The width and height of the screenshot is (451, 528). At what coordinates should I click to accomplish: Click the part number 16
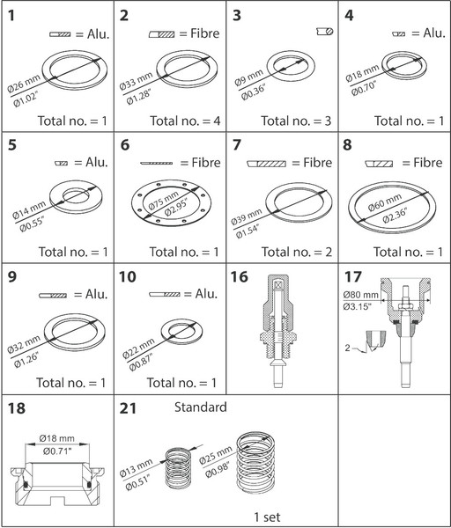(239, 277)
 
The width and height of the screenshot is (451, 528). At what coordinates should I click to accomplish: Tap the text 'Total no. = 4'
(185, 121)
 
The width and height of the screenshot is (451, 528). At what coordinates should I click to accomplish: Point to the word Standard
(200, 407)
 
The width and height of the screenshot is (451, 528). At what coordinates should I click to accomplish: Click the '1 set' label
(267, 517)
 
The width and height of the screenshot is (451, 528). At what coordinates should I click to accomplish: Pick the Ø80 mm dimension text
(360, 295)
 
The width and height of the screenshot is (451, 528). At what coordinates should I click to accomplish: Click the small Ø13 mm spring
(178, 468)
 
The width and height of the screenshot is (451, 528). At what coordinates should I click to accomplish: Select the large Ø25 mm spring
(256, 463)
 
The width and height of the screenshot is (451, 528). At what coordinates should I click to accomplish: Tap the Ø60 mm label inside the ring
(384, 202)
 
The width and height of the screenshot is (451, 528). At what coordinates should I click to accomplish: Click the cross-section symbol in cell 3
(325, 32)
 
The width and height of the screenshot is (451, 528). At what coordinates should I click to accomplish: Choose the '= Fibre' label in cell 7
(312, 163)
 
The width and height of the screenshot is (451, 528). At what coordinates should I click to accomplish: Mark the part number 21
(128, 408)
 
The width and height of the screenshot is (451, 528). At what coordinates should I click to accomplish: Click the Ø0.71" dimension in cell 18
(57, 451)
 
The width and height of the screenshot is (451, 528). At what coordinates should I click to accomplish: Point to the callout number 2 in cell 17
(348, 348)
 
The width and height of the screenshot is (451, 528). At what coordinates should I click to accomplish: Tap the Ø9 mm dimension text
(248, 77)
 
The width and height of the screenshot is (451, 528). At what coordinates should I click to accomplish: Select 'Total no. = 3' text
(296, 121)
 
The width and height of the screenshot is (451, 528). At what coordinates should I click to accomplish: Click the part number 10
(128, 277)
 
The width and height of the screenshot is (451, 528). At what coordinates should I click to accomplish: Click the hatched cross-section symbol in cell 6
(157, 164)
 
